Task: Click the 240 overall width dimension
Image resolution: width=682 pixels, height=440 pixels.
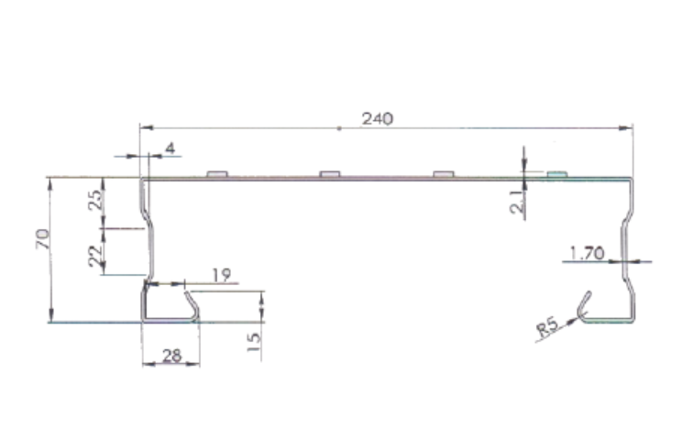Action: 378,119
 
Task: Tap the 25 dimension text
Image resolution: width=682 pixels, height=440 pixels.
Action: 94,201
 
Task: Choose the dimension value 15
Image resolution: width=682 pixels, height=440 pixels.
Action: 254,342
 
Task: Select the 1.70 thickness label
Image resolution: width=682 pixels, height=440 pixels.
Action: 587,252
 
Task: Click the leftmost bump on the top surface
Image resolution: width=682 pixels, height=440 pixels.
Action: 217,173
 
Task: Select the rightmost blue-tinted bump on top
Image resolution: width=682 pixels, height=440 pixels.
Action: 556,173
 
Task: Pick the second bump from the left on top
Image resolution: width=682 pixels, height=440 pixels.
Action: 330,173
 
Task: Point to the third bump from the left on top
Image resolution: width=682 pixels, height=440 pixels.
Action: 444,173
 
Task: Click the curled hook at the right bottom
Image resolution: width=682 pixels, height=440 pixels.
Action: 585,304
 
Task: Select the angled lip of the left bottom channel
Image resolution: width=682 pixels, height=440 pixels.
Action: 192,305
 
